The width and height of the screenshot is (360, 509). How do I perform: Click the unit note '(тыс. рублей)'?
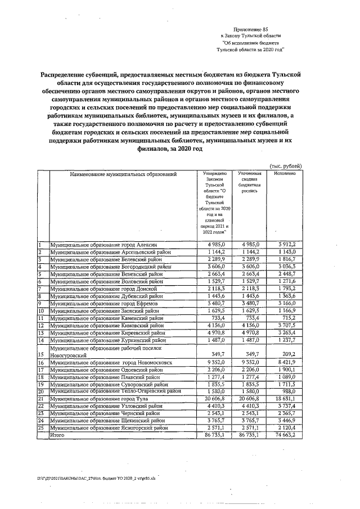click(286, 166)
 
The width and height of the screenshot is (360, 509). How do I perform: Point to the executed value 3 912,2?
click(290, 245)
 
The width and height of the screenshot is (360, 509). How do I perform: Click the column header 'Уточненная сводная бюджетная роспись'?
click(249, 182)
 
